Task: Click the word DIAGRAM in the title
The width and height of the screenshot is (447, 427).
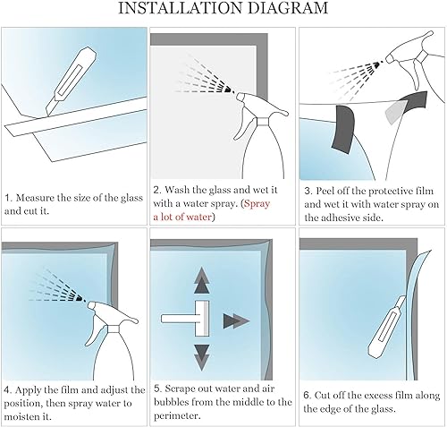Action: (x=288, y=8)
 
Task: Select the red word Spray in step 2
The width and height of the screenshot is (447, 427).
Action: (x=257, y=203)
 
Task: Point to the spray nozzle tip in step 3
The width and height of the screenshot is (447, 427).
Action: (x=388, y=59)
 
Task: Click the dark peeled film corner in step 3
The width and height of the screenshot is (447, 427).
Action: (x=343, y=129)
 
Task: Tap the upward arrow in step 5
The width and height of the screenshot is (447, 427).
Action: (x=202, y=279)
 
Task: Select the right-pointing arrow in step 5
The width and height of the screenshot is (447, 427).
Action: (x=236, y=321)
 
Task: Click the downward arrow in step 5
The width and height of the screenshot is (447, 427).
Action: (x=202, y=358)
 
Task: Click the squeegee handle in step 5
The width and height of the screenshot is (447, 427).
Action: (x=178, y=319)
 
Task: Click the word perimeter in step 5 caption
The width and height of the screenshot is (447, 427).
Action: (x=176, y=415)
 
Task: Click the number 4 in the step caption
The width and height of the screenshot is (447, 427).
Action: (x=7, y=390)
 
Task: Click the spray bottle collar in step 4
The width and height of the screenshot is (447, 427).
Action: (x=114, y=329)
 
